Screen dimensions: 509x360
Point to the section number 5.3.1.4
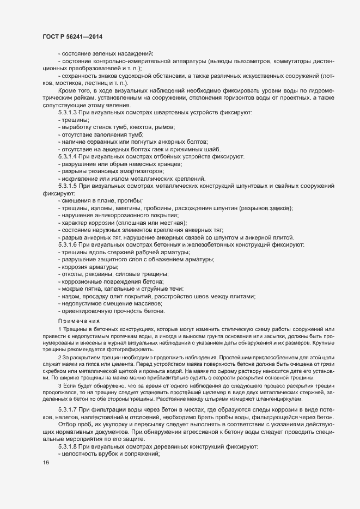click(x=69, y=157)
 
